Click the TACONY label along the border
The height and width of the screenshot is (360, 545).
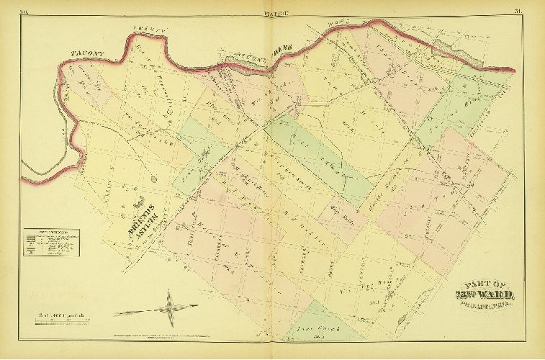(89, 52)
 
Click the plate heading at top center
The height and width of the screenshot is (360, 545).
(272, 11)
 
